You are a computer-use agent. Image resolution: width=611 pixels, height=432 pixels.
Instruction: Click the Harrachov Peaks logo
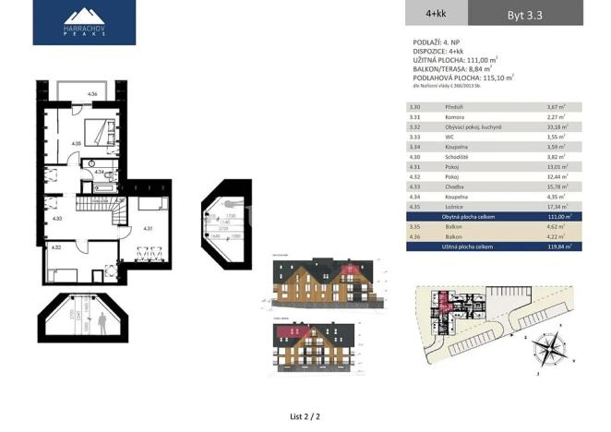[84, 23]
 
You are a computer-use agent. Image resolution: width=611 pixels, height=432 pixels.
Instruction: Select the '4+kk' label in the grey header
[436, 14]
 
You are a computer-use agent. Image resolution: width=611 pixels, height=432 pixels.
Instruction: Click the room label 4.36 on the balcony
[92, 95]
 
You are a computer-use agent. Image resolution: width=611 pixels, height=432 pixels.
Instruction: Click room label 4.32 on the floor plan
[57, 247]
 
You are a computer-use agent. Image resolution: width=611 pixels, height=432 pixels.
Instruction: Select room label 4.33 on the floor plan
[57, 219]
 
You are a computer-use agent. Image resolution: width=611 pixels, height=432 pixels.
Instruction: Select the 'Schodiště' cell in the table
[455, 156]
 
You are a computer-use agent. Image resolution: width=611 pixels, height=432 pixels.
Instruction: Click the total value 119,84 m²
[558, 246]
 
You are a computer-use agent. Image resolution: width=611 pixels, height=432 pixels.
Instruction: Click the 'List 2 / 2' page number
[305, 417]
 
